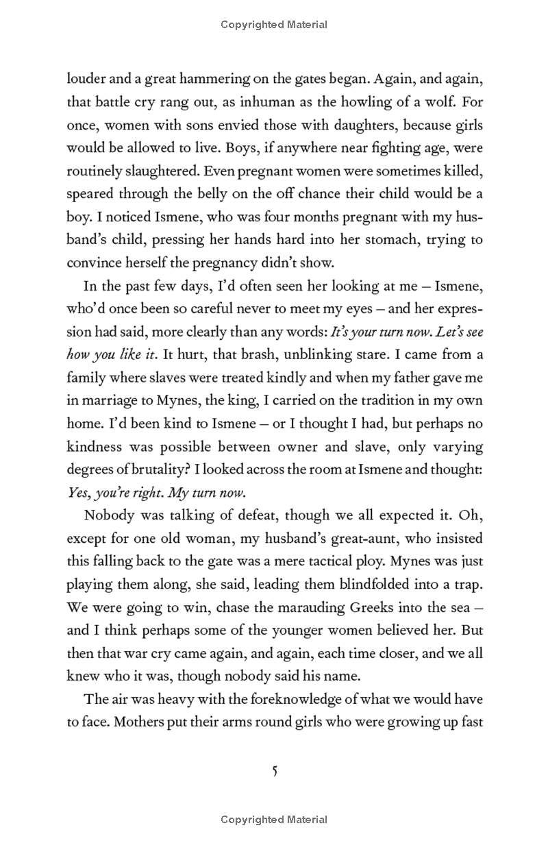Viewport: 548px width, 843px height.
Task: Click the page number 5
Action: (x=274, y=772)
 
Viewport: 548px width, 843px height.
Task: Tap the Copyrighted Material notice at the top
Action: (x=274, y=25)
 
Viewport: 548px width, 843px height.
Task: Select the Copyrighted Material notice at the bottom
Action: (x=274, y=820)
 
